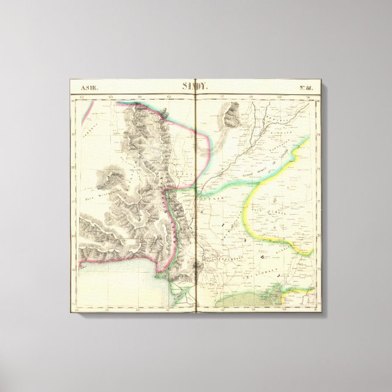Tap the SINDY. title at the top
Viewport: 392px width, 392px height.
pos(196,86)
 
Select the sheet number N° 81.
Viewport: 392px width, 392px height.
pos(306,87)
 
